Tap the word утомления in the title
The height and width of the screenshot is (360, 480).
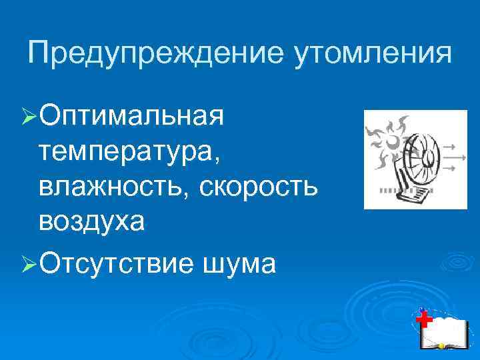click(371, 53)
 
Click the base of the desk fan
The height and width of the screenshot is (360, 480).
click(410, 194)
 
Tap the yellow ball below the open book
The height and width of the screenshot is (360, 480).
click(441, 347)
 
